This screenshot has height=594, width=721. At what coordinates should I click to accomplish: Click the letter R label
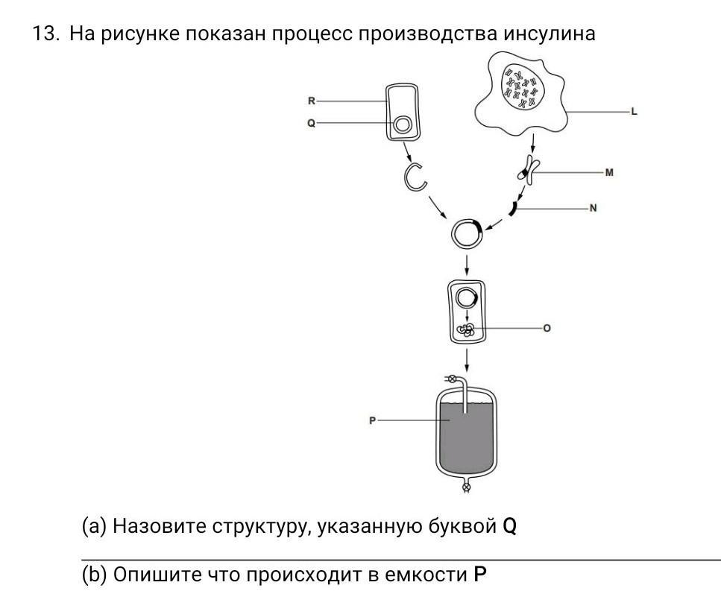[x=312, y=101]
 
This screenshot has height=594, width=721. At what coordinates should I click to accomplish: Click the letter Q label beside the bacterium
[x=312, y=123]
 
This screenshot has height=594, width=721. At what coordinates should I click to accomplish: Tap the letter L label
[x=634, y=112]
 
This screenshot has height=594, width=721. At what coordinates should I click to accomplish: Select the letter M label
[x=609, y=172]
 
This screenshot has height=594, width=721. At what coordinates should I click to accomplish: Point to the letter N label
[x=593, y=208]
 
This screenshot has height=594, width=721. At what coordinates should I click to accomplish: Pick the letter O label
[x=547, y=328]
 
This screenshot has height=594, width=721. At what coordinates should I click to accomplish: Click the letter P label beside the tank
[x=372, y=420]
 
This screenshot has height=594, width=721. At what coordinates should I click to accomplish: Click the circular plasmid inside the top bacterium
[x=403, y=124]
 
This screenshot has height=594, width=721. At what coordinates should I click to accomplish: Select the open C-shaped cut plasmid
[x=415, y=177]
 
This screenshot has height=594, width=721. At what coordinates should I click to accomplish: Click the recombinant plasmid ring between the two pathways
[x=467, y=234]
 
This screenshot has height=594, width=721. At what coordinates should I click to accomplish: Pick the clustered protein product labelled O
[x=467, y=329]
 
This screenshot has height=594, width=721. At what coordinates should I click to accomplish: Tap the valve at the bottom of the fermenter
[x=467, y=488]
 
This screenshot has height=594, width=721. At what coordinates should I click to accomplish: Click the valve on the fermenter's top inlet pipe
[x=450, y=379]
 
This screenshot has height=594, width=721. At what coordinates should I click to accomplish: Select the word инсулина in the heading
[x=550, y=34]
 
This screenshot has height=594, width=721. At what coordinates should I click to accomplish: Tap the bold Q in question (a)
[x=509, y=526]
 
